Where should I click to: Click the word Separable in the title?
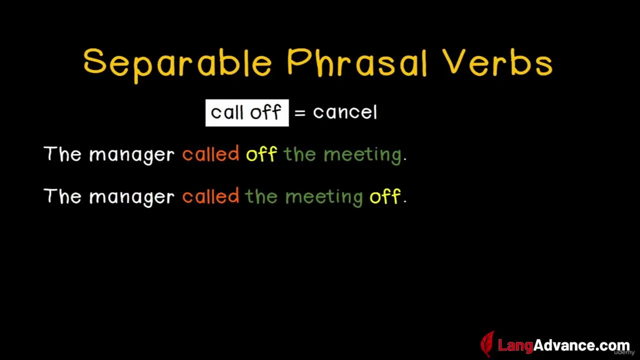[x=177, y=65]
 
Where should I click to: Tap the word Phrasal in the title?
[x=357, y=63]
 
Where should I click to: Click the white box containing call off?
[x=247, y=113]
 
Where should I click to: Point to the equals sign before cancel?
[x=300, y=113]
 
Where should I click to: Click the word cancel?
[x=345, y=112]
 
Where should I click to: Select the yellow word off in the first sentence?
[x=261, y=154]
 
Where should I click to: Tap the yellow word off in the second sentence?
[x=385, y=196]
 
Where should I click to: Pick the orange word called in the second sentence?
[x=211, y=196]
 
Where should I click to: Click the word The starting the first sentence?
[x=62, y=154]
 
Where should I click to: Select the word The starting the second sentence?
[x=62, y=196]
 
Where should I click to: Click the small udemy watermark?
[x=624, y=352]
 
